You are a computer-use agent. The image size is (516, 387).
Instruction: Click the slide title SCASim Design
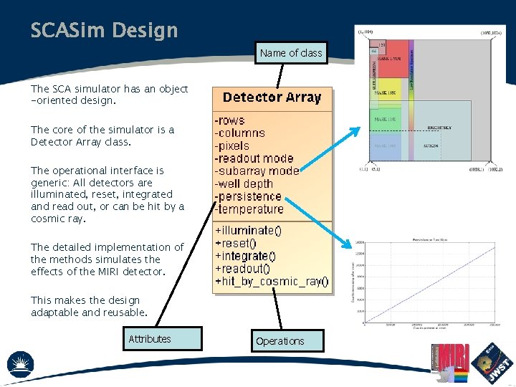tap(104, 30)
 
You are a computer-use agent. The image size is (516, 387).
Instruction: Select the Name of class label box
tap(291, 53)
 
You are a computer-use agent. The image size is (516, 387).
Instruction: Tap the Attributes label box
tap(150, 339)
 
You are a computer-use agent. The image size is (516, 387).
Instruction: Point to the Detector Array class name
tap(272, 97)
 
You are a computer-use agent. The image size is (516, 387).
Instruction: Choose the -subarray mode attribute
tap(257, 171)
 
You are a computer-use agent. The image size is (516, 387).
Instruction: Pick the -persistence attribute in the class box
tap(248, 196)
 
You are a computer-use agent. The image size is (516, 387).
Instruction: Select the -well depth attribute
tap(244, 183)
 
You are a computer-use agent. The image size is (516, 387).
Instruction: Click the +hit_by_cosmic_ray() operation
tap(272, 282)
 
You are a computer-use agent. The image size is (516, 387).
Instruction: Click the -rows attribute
tap(230, 120)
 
